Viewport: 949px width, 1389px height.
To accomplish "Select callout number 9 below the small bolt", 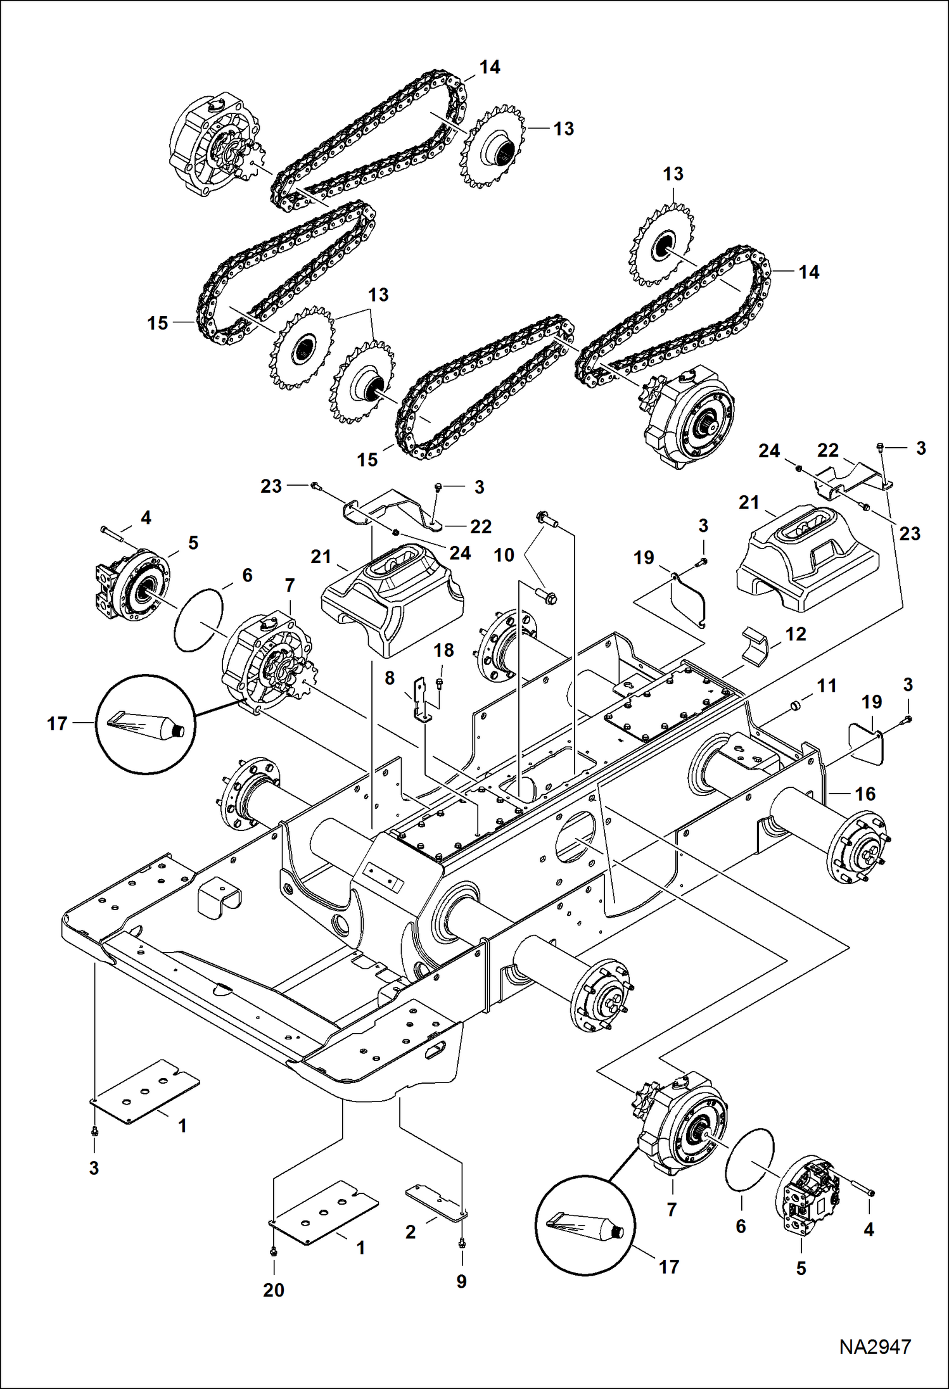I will pyautogui.click(x=461, y=1281).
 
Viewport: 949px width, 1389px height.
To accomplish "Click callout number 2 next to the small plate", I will pyautogui.click(x=411, y=1231).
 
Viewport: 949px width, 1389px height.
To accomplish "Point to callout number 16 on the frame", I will pyautogui.click(x=865, y=794).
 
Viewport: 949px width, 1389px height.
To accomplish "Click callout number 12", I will pyautogui.click(x=796, y=634).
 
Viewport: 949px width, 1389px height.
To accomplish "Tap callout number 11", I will pyautogui.click(x=827, y=685).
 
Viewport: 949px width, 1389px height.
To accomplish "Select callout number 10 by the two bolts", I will pyautogui.click(x=504, y=555).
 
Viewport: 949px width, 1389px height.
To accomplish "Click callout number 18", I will pyautogui.click(x=443, y=650).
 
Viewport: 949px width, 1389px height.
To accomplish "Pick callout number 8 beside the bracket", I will pyautogui.click(x=390, y=678).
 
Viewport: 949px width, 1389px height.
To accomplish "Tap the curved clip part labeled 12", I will pyautogui.click(x=755, y=644).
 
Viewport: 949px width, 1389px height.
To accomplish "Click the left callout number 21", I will pyautogui.click(x=321, y=557).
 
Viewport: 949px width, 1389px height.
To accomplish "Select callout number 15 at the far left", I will pyautogui.click(x=157, y=323).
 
